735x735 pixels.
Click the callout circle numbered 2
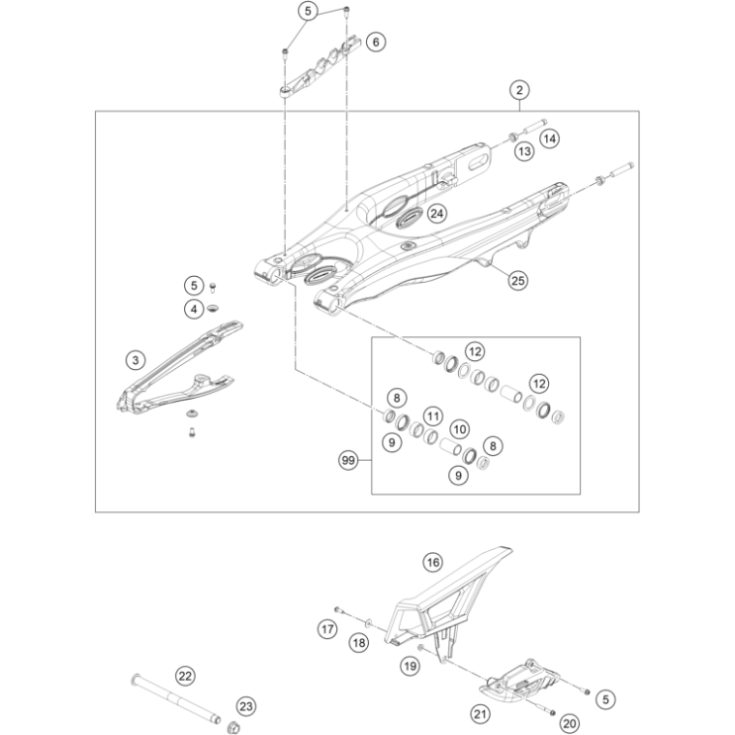519,90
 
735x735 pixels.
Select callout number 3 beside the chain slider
137,359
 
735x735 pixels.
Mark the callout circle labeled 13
523,151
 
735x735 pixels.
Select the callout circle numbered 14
550,139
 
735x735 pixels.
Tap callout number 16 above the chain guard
432,563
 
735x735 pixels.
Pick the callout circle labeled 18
359,643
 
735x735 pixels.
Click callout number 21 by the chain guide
480,712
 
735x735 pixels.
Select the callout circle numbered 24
436,213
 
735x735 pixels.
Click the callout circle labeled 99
347,460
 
